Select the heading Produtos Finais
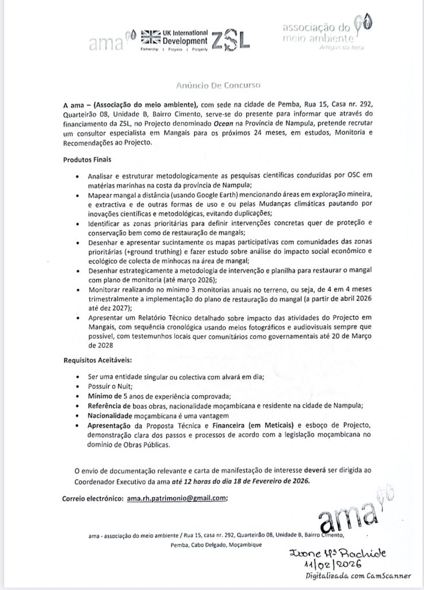tap(87, 158)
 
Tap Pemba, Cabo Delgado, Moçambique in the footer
tap(211, 544)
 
